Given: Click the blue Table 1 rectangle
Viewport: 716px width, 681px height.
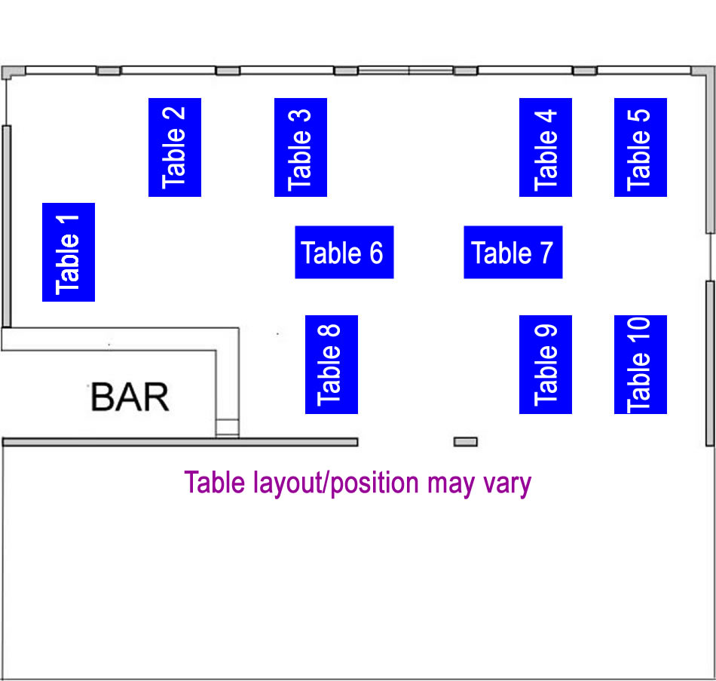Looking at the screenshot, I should point(69,252).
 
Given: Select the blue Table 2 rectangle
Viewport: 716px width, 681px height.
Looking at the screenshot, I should point(174,147).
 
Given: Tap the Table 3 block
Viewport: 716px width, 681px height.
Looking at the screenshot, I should point(300,147).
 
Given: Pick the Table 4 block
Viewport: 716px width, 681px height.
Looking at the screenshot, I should point(546,147).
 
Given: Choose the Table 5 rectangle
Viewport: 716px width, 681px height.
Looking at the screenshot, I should point(640,147).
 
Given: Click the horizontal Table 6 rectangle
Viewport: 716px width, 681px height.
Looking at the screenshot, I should point(344,252).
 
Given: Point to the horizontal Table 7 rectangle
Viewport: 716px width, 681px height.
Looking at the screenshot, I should point(513,252).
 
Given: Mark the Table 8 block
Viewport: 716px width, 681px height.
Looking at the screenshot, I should point(331,364).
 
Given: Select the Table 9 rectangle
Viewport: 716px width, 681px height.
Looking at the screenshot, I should point(546,364).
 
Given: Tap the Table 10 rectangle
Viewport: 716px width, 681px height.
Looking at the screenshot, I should point(640,364).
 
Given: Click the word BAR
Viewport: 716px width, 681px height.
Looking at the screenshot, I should point(130,397).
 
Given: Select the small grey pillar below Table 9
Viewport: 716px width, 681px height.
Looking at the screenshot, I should point(465,442).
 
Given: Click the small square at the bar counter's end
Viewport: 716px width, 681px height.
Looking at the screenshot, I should point(227,428).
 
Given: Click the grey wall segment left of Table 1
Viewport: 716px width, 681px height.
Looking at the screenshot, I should point(6,226).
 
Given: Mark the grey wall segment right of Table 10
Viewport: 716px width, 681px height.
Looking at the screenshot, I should point(710,362).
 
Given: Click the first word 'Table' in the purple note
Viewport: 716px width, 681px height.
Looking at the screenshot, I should point(213,482).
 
